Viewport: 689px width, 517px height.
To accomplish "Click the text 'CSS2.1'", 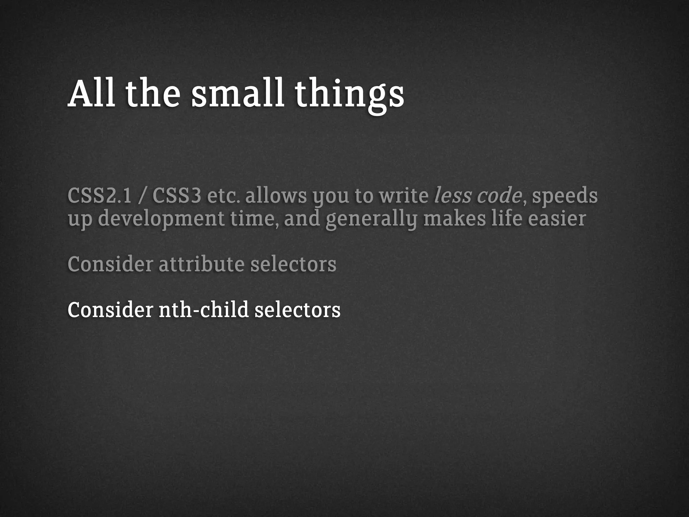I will (100, 196).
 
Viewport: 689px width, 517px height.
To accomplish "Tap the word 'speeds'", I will (565, 197).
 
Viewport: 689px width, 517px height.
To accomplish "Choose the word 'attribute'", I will (201, 264).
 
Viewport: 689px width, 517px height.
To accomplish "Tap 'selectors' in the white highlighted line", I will (297, 310).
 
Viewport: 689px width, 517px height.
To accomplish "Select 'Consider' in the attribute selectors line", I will (110, 264).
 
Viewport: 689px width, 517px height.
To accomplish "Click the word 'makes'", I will (455, 219).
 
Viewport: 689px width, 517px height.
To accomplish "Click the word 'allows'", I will (276, 196).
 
